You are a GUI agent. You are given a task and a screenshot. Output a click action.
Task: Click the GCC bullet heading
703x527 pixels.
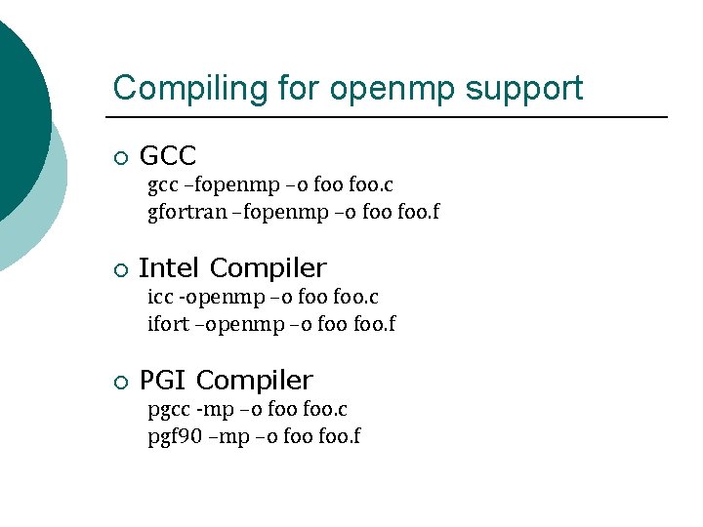coord(168,155)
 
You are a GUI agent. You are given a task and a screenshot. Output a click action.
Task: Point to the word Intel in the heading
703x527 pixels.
coord(170,267)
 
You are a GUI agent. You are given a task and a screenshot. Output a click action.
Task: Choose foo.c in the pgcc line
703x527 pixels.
coord(326,409)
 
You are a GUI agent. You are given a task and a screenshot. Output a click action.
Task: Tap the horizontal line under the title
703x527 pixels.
coord(391,117)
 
